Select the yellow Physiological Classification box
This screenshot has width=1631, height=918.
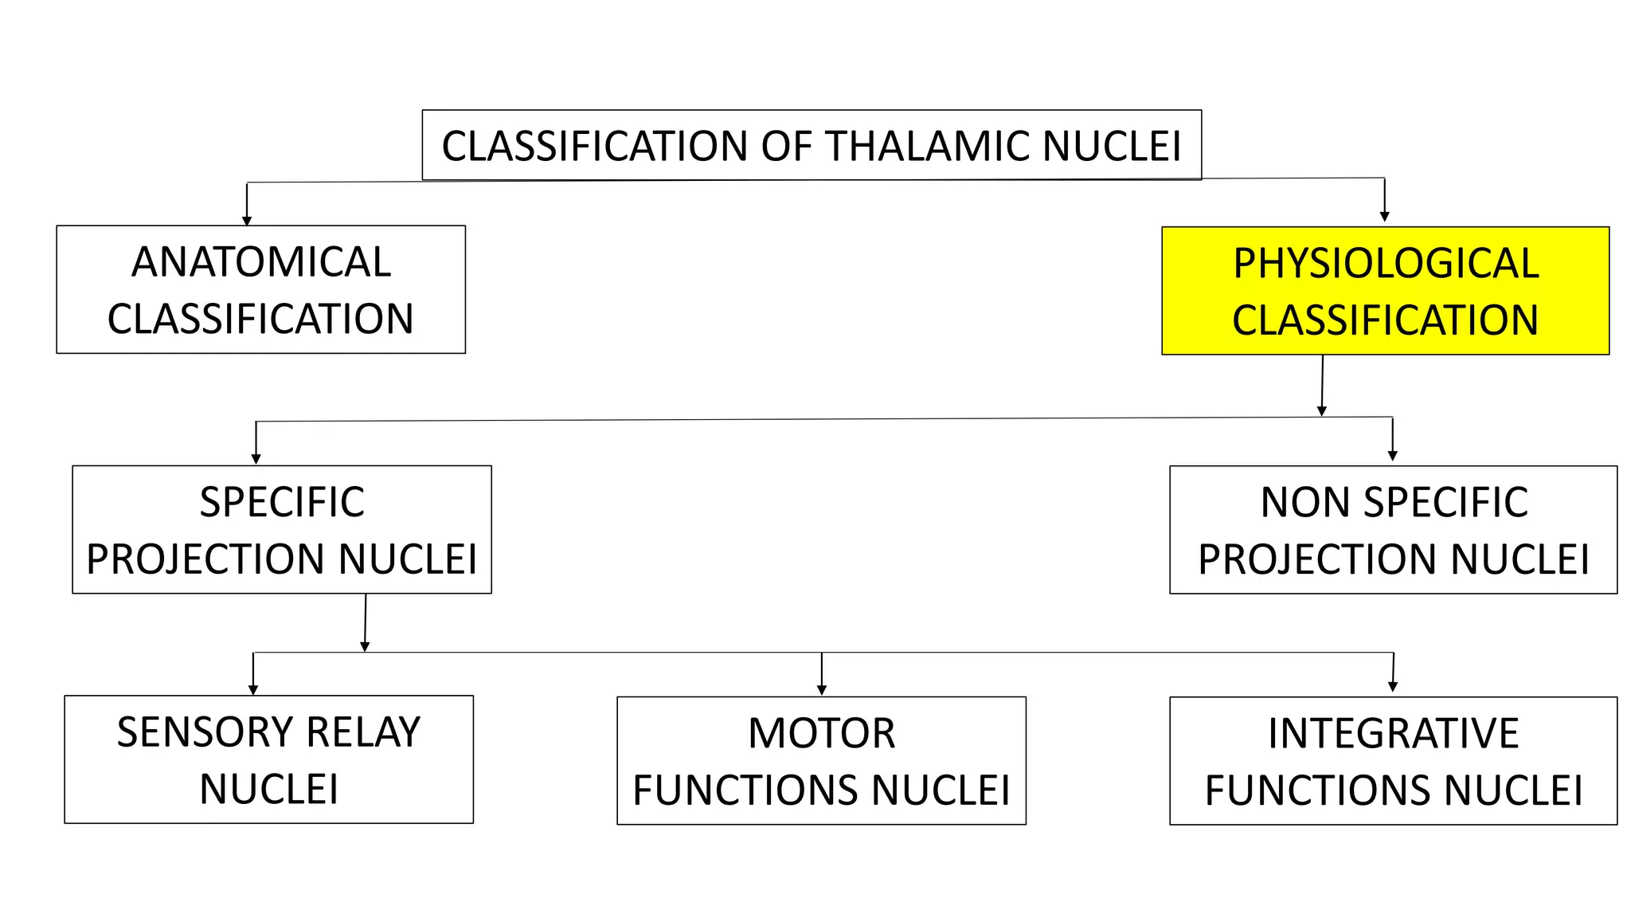(1385, 291)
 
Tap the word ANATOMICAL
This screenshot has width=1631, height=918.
(261, 262)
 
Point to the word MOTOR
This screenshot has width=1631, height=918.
(821, 733)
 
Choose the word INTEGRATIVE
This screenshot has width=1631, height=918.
(1393, 733)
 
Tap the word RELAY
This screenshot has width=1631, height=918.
(363, 732)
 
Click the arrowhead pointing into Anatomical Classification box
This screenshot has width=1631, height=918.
(247, 221)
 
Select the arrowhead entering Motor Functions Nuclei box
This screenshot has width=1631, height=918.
(822, 690)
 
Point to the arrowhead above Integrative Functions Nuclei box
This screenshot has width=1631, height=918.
(1392, 687)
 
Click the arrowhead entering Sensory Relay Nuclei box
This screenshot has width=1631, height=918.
(253, 690)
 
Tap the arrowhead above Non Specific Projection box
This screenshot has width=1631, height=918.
(1392, 456)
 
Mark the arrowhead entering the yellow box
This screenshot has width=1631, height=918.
(1385, 217)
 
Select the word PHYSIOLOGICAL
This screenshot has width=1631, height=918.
(1386, 264)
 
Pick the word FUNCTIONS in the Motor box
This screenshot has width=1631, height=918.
(746, 790)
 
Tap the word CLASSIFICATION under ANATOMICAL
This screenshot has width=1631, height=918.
(260, 320)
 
